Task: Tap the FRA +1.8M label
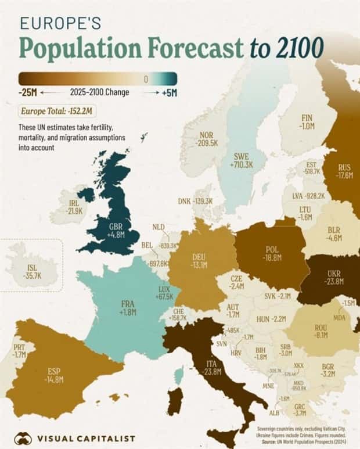point(128,308)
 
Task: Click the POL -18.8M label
point(272,253)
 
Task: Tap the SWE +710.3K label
point(241,161)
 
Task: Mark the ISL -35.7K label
point(34,272)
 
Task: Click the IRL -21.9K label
point(74,206)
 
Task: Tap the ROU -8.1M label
point(322,331)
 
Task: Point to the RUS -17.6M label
point(344,172)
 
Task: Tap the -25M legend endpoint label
point(28,92)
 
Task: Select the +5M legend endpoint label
point(168,92)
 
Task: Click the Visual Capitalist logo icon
point(23,437)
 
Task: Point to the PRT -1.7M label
point(19,350)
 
